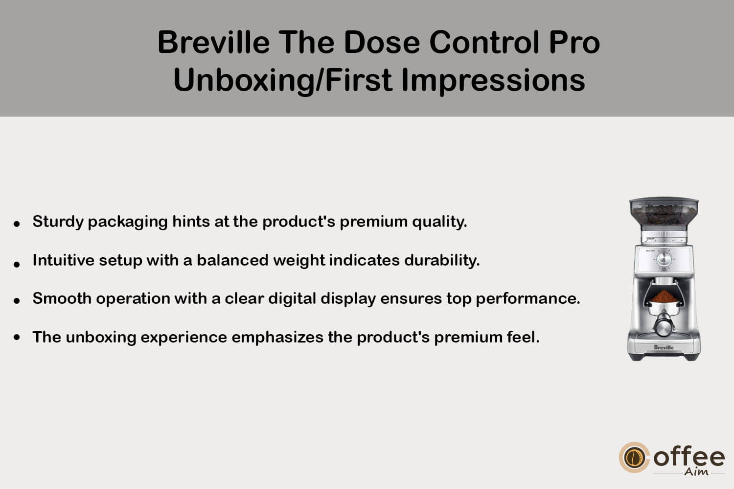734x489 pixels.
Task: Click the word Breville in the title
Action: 214,42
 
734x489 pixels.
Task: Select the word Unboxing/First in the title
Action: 282,81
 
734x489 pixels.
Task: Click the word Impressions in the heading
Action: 493,81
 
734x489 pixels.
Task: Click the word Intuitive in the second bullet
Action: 64,260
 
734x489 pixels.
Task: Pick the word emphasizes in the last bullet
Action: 277,338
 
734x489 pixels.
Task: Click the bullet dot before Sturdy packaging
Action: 17,224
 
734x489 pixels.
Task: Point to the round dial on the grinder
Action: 664,259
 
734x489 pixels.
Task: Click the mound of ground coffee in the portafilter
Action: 664,296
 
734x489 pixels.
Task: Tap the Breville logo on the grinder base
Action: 664,347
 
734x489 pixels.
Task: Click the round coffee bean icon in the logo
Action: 634,458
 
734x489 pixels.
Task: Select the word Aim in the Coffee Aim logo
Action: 696,472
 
